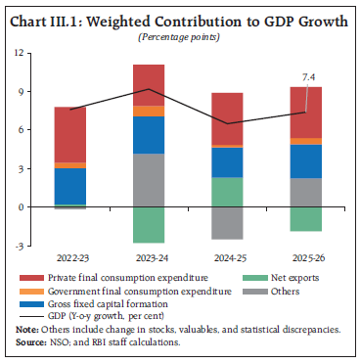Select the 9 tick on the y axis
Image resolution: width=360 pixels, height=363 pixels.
(x=19, y=92)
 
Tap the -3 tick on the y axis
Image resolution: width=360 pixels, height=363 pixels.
(x=19, y=246)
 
